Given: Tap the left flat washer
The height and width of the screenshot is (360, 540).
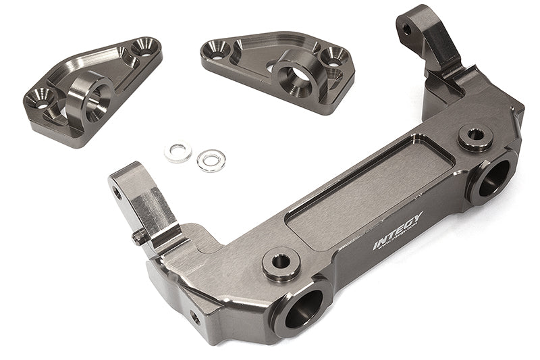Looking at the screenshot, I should pos(178,151).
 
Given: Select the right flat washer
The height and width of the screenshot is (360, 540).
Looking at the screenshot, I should pos(211,160).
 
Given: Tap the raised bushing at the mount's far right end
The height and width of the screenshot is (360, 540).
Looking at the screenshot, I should pos(475,136).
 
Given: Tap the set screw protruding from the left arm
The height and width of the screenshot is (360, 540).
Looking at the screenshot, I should pos(138,236).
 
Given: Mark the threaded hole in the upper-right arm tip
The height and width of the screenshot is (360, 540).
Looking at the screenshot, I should pos(407,30).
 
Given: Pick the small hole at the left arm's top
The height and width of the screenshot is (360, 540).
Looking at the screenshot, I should pos(117,192).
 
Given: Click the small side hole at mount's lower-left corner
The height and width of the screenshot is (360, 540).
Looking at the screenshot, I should pos(194,316).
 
